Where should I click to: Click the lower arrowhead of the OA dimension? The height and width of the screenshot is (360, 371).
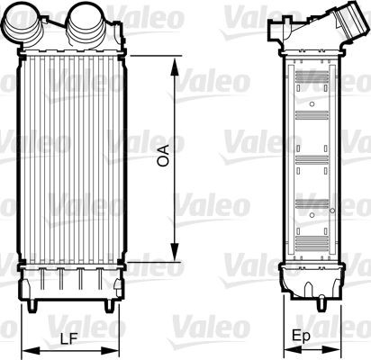click(174, 255)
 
